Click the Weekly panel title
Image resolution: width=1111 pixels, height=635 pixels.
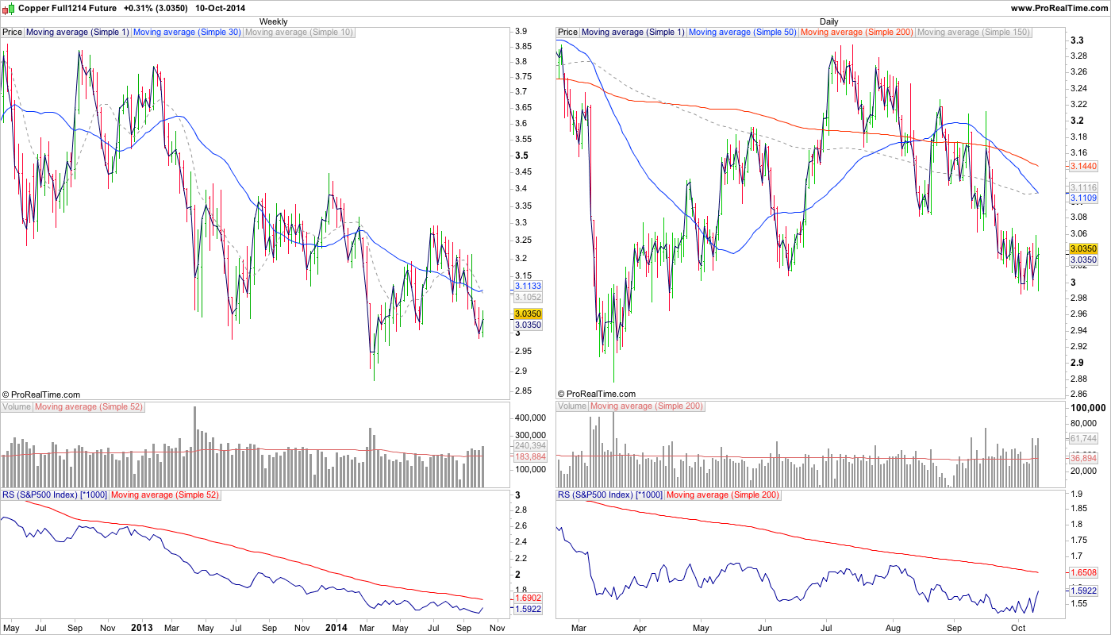(x=274, y=21)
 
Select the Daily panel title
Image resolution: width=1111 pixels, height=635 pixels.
(x=828, y=21)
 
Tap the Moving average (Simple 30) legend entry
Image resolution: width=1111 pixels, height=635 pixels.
(x=187, y=33)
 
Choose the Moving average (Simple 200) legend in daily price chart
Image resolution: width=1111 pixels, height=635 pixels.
(x=857, y=33)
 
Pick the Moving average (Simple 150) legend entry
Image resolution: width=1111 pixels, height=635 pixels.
(x=973, y=33)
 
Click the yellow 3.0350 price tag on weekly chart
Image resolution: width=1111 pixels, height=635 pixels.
(x=528, y=314)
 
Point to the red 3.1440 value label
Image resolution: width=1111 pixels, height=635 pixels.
(x=1083, y=167)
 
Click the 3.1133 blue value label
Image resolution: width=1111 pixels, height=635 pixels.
(x=528, y=286)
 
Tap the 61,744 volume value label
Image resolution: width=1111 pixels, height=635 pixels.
(x=1083, y=438)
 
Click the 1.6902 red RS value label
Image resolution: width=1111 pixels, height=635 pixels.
(x=528, y=598)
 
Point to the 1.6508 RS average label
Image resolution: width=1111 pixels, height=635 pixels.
(x=1083, y=572)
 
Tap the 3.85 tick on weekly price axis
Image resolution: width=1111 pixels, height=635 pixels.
(x=523, y=46)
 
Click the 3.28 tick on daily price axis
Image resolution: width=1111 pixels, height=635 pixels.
(x=1078, y=56)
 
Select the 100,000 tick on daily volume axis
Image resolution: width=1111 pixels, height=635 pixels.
(x=1087, y=407)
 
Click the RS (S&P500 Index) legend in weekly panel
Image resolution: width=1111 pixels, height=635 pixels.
(x=54, y=495)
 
